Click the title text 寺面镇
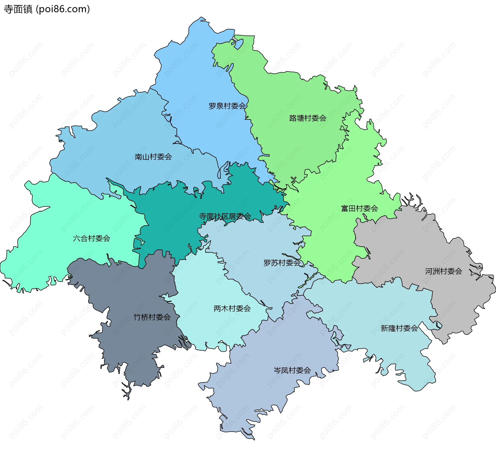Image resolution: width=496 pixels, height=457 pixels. pos(18,9)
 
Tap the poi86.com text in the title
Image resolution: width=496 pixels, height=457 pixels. pos(63,9)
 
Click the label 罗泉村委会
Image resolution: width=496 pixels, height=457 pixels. pos(227,106)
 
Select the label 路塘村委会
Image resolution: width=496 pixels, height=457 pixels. pos(308,118)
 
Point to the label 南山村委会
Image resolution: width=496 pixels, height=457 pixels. pos(153,157)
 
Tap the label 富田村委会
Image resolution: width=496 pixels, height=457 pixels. pos(359,208)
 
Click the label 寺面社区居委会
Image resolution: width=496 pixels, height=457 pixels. pos(225,216)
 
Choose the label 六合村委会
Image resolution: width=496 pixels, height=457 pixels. pos(91,238)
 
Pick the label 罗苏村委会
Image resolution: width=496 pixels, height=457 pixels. pos(282,263)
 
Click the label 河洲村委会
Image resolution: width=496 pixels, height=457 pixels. pos(444,271)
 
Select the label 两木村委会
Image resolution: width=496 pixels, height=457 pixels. pos(232,308)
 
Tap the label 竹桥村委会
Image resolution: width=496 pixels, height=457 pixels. pos(152,317)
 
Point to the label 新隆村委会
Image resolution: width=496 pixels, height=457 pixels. pos(399,328)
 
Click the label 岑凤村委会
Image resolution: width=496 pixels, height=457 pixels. pos(292,370)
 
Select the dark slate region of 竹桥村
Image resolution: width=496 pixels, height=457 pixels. pos(129,342)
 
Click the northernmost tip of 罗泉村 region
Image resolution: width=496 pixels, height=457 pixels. pos(201,18)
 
